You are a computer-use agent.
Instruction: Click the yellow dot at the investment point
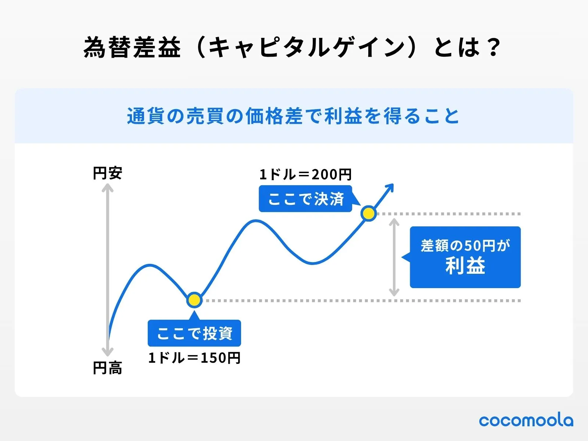(x=194, y=300)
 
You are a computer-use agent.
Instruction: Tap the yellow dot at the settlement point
(x=369, y=214)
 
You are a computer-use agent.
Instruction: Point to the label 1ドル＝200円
(x=305, y=175)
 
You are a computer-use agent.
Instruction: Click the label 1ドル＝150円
(x=194, y=358)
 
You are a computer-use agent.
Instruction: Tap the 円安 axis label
(x=107, y=173)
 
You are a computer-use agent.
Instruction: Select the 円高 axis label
(x=107, y=368)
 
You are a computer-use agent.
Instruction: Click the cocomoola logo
(x=526, y=421)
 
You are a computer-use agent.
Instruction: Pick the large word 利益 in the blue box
(x=465, y=265)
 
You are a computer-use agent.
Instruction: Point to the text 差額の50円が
(x=465, y=245)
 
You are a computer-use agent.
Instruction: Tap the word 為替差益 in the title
(x=132, y=47)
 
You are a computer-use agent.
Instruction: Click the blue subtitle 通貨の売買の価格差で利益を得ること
(x=293, y=116)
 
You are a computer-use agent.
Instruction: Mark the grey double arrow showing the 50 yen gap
(x=394, y=257)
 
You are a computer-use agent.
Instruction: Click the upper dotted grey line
(x=449, y=214)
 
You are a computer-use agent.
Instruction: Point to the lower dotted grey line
(x=362, y=301)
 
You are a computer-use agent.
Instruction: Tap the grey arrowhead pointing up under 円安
(x=107, y=187)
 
